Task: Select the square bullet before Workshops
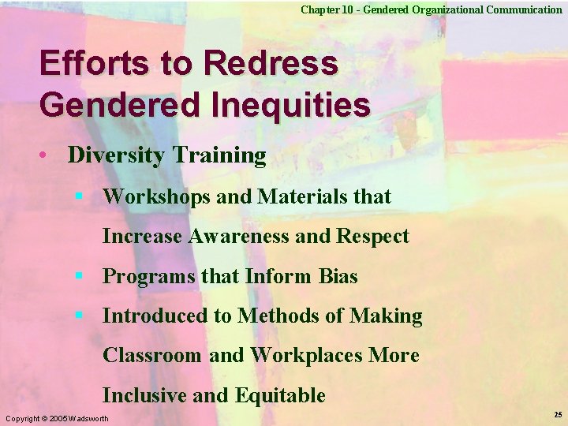(79, 195)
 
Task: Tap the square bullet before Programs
(79, 275)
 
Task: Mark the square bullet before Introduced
(79, 315)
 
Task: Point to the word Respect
(372, 236)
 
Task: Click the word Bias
(338, 276)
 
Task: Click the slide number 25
(558, 414)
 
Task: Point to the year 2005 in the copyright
(58, 417)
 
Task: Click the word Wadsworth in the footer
(89, 417)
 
